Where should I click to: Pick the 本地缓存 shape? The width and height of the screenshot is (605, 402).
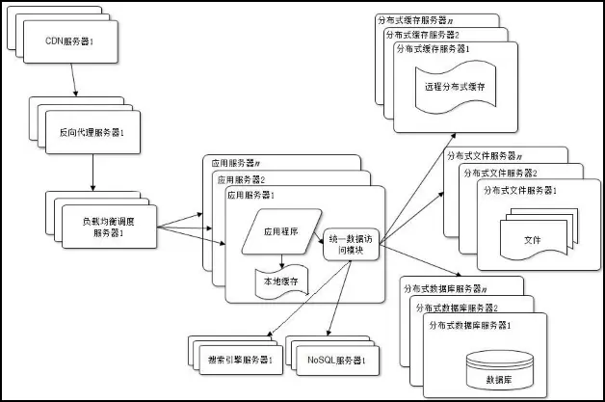click(x=281, y=281)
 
